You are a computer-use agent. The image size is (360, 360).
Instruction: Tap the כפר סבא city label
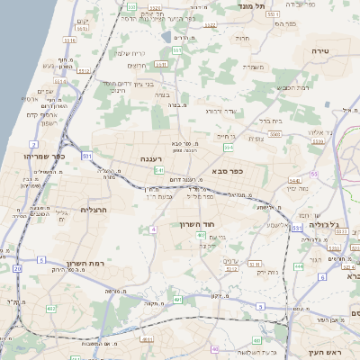[228, 169]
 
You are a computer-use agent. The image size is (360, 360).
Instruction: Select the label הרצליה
[94, 210]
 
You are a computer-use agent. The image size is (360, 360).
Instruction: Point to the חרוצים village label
[138, 65]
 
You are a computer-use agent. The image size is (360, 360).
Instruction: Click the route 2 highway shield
[33, 143]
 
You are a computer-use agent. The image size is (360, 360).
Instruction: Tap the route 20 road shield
[17, 268]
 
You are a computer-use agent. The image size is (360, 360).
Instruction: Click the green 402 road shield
[51, 309]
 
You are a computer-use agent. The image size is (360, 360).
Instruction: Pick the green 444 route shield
[298, 266]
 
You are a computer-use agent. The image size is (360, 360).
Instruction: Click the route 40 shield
[214, 349]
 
